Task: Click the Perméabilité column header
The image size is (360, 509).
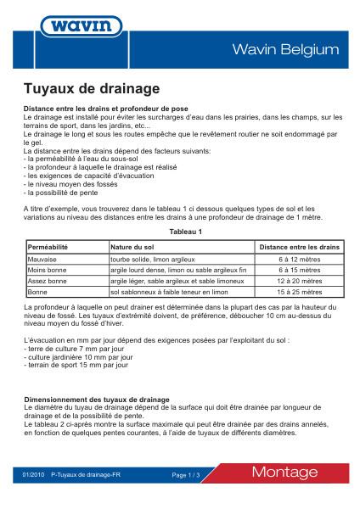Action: tap(48, 246)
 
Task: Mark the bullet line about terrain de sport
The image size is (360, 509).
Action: tap(74, 366)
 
